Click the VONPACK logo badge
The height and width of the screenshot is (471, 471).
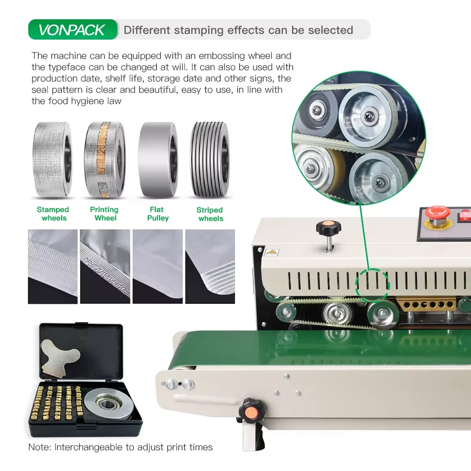point(73,29)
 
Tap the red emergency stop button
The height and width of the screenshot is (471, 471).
point(438,213)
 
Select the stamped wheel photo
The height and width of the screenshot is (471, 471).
point(52,159)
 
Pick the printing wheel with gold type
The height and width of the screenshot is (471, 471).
point(105,159)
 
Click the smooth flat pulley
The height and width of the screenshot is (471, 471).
point(157,159)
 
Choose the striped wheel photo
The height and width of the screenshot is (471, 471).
point(210,159)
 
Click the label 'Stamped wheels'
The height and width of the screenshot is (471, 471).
point(53,213)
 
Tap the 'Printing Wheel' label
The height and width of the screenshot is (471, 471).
point(105,213)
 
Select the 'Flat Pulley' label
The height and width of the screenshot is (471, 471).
point(157,213)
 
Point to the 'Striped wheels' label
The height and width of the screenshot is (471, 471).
point(210,214)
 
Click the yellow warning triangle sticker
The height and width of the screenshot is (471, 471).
point(272,252)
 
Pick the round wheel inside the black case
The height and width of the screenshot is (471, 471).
point(107,404)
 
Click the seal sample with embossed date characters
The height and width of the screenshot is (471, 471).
point(105,267)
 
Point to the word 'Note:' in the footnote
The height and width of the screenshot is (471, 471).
point(40,447)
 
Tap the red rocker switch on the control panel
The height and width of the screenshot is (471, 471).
point(464,215)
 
